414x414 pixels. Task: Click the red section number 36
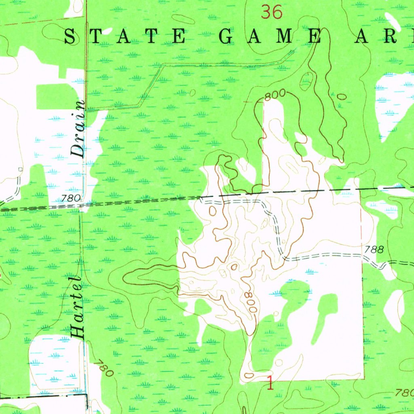click(271, 12)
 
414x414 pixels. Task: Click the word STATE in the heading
click(125, 37)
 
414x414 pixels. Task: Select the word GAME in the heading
click(270, 37)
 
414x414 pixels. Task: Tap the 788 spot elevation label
click(373, 249)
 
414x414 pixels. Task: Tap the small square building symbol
click(20, 169)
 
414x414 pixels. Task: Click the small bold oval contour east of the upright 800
click(342, 96)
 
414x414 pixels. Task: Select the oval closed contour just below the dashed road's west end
click(213, 210)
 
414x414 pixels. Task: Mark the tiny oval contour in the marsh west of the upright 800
click(192, 93)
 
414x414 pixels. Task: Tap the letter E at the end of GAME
click(313, 37)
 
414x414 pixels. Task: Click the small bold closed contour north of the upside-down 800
click(234, 266)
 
